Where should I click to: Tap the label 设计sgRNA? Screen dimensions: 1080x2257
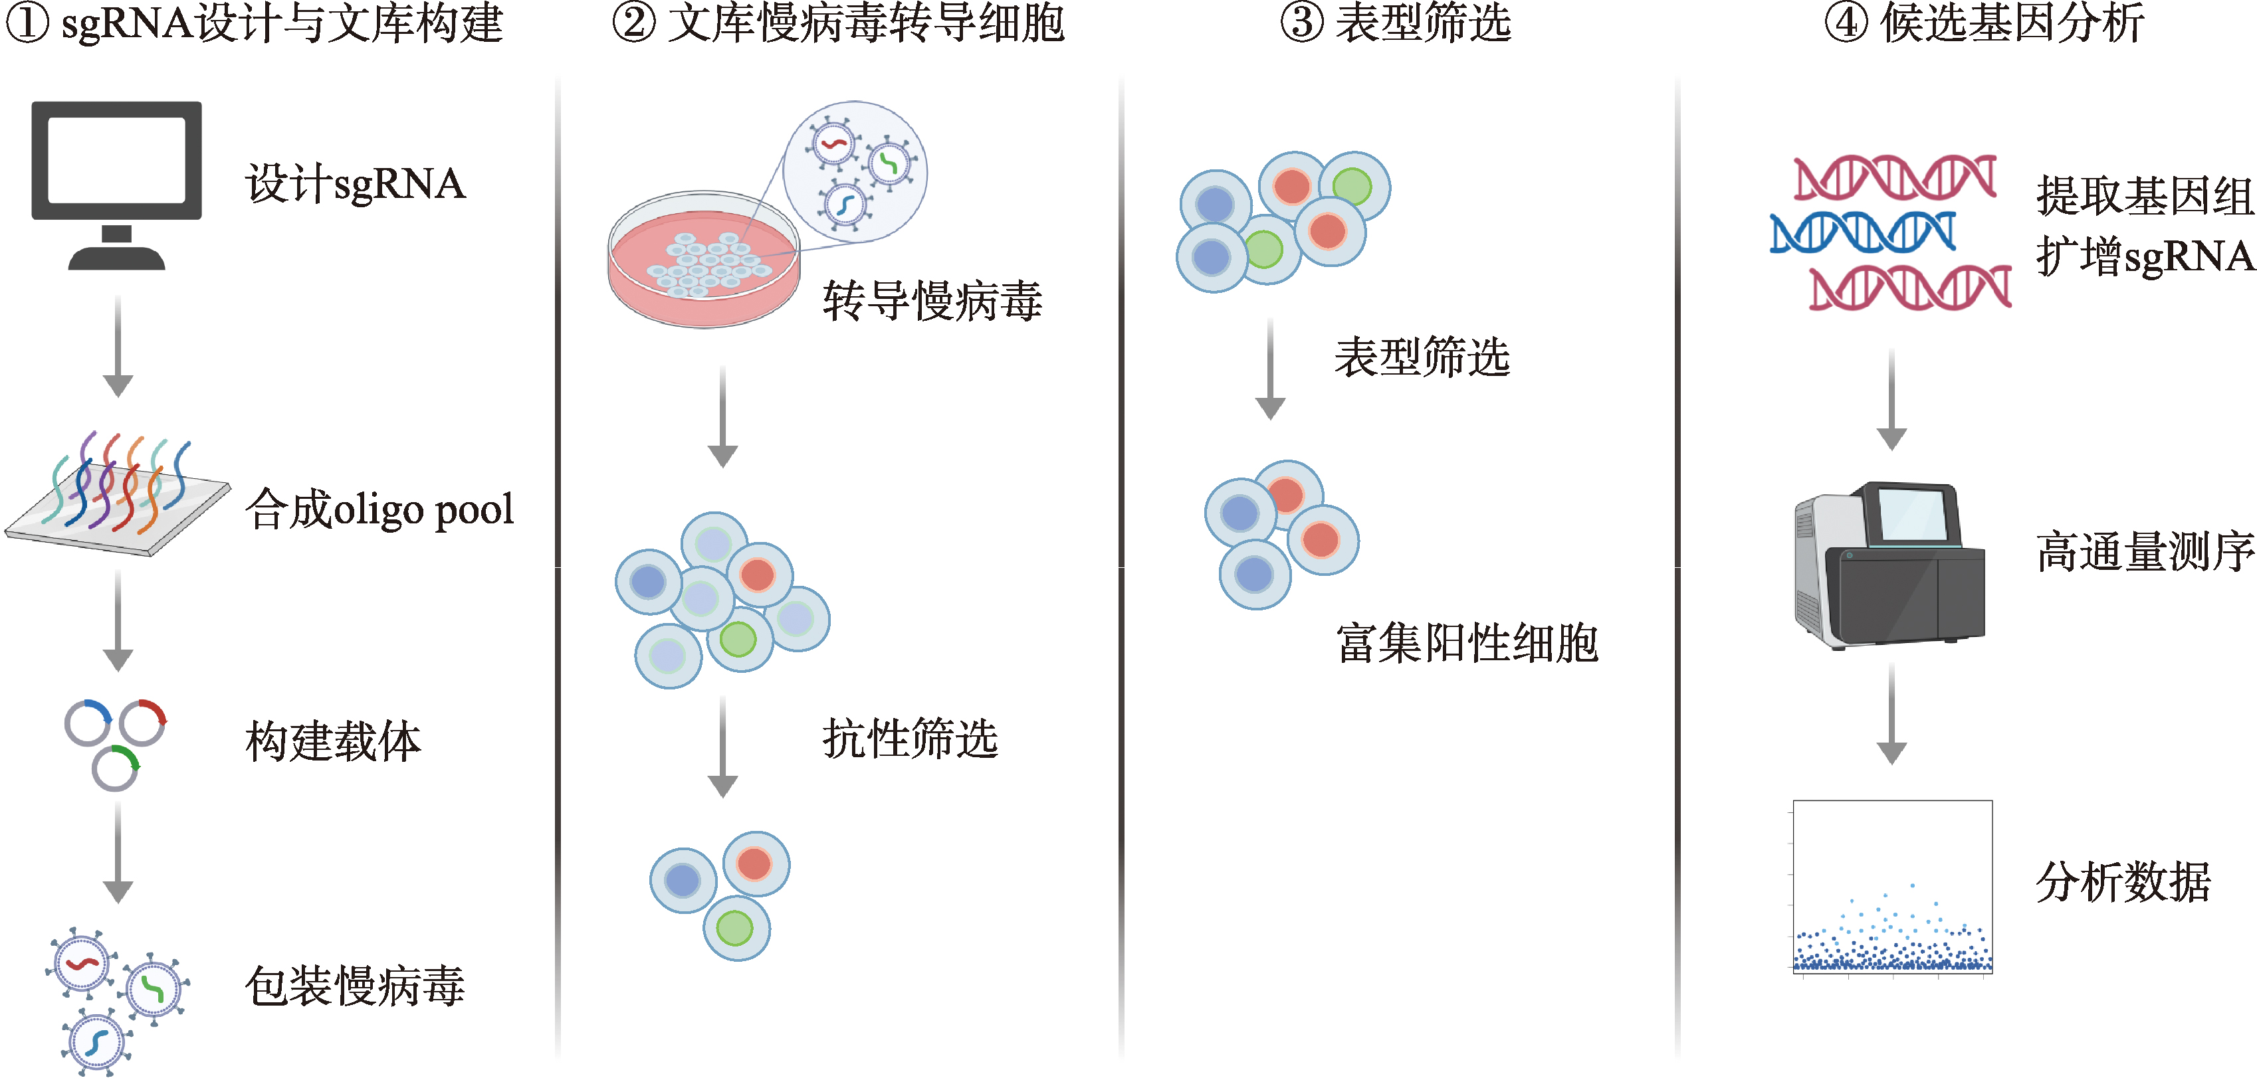click(355, 184)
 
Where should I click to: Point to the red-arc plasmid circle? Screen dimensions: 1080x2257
click(143, 722)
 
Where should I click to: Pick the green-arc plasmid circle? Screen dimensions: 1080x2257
click(116, 767)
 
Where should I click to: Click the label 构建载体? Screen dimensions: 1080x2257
click(333, 742)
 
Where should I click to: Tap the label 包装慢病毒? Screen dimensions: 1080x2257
click(355, 986)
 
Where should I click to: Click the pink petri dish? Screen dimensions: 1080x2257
click(704, 263)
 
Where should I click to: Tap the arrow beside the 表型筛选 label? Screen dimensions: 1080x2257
click(1269, 368)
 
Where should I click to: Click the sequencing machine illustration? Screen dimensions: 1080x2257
click(1888, 565)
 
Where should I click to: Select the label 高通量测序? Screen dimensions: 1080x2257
click(2145, 552)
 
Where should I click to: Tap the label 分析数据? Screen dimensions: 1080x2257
click(2123, 881)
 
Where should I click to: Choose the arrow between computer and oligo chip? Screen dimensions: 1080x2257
click(118, 346)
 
